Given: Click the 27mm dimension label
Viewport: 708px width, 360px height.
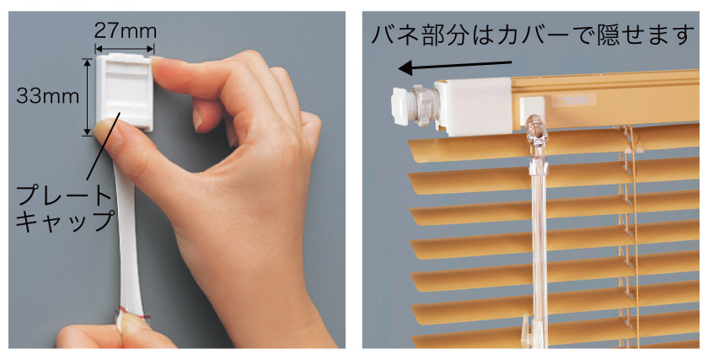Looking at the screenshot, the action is (125, 31).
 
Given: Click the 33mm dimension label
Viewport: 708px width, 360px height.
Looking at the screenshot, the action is (47, 96).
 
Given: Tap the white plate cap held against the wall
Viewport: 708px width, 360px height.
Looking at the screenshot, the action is (124, 92).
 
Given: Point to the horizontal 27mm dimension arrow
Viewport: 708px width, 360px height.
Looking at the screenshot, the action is (125, 49).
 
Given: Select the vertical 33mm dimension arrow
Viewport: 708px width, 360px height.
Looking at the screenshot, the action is (87, 97).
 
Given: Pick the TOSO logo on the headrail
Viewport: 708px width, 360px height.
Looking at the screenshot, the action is (574, 100).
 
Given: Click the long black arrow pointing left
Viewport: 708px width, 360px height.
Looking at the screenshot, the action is (455, 66).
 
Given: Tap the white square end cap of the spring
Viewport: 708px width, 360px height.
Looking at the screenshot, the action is (400, 106).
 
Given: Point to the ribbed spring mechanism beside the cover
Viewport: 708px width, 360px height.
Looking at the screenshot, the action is (424, 105).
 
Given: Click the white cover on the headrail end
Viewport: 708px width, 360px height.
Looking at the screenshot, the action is (473, 106).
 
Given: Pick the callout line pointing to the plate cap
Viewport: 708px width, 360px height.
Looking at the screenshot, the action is (104, 147).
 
